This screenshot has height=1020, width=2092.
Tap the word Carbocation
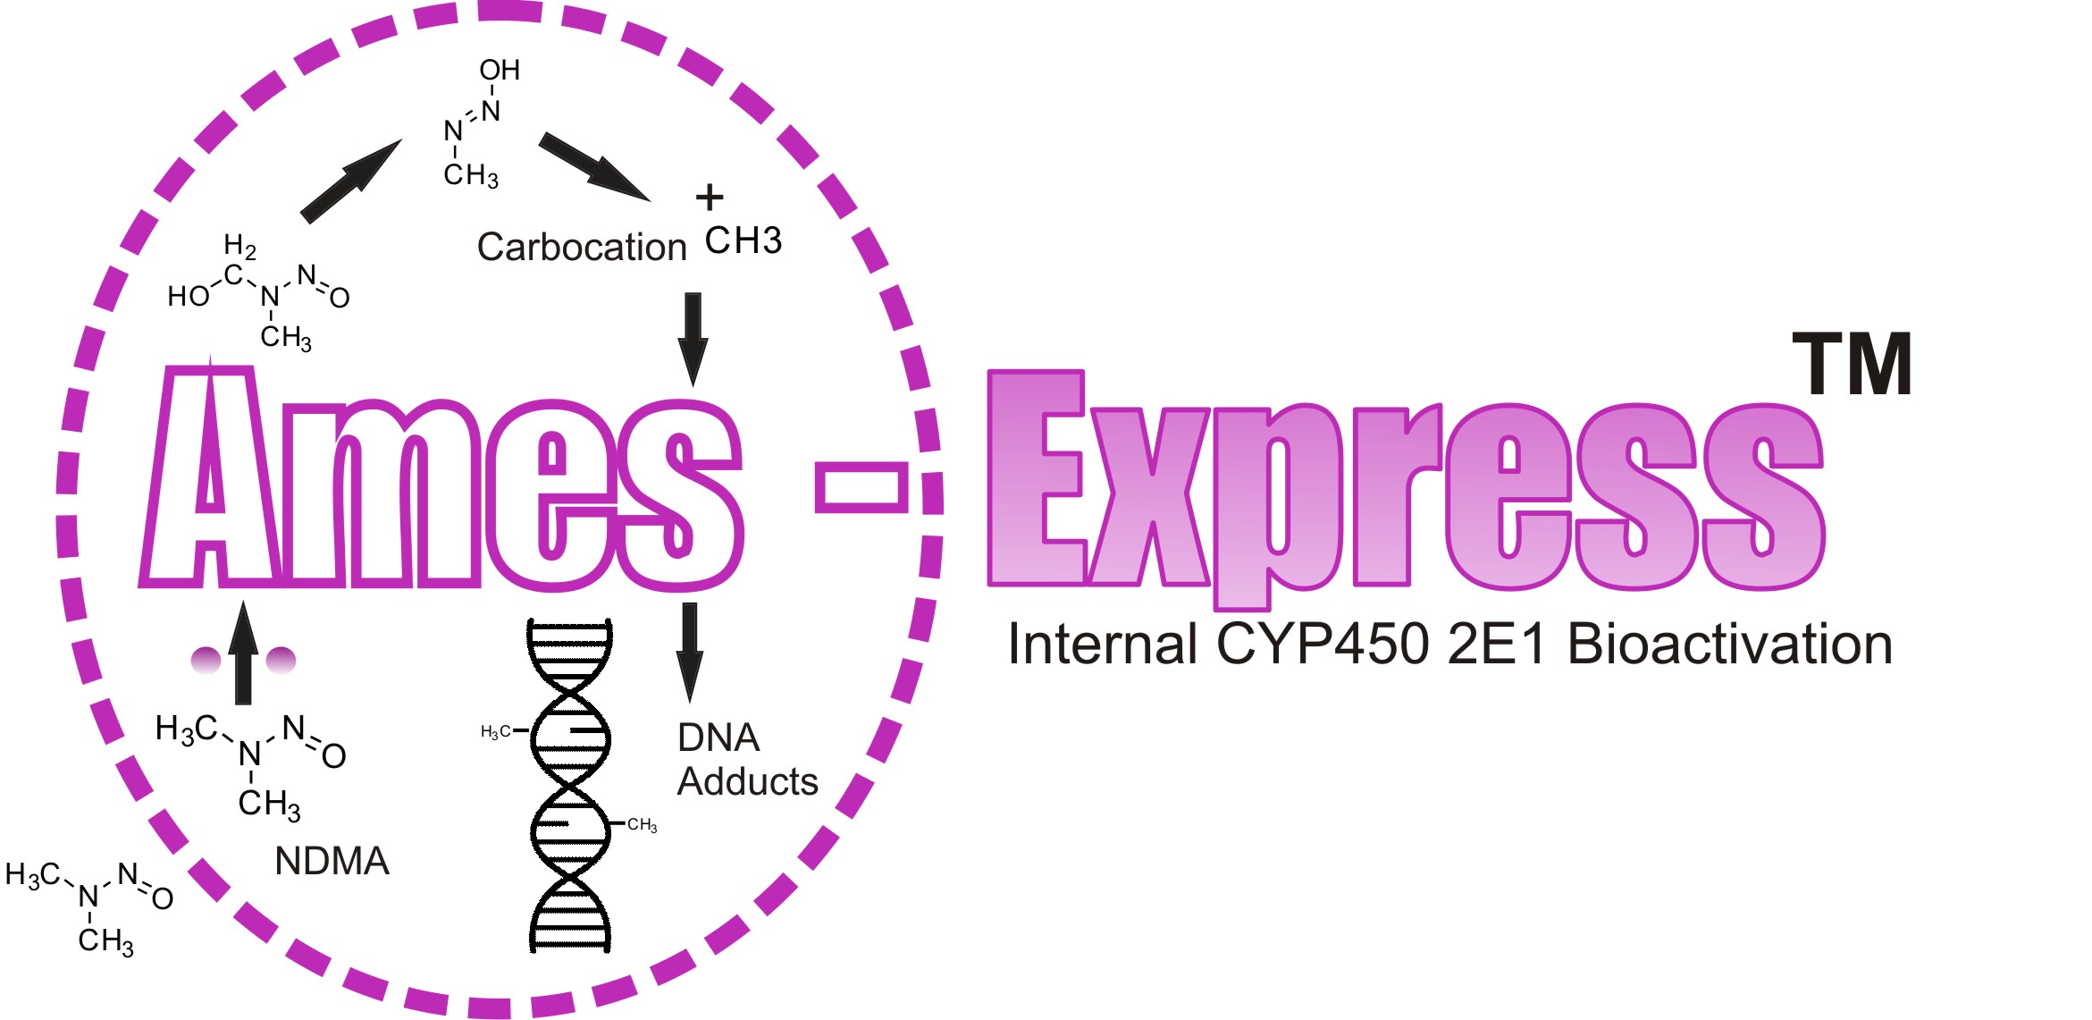pos(582,247)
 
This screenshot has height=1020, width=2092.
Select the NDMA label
pos(332,861)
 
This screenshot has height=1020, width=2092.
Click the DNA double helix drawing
pos(570,785)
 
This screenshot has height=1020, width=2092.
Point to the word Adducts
pos(748,781)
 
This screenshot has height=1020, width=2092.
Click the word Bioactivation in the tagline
pos(1730,644)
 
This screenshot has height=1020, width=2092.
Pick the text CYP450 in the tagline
pos(1323,644)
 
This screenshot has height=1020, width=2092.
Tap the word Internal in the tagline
pos(1102,644)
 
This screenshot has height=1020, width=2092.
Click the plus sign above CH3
pos(710,197)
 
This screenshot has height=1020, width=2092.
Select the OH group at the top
pos(500,70)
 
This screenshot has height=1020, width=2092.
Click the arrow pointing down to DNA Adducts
pos(689,653)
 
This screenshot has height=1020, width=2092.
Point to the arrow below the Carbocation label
pos(693,340)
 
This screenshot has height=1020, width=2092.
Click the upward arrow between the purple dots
pos(243,653)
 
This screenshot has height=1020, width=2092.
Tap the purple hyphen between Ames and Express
pos(861,487)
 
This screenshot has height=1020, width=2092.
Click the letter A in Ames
pos(212,474)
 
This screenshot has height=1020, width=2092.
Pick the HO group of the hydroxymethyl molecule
pos(189,296)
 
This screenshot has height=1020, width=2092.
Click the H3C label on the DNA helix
pos(496,732)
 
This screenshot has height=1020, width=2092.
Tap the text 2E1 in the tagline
pos(1497,644)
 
